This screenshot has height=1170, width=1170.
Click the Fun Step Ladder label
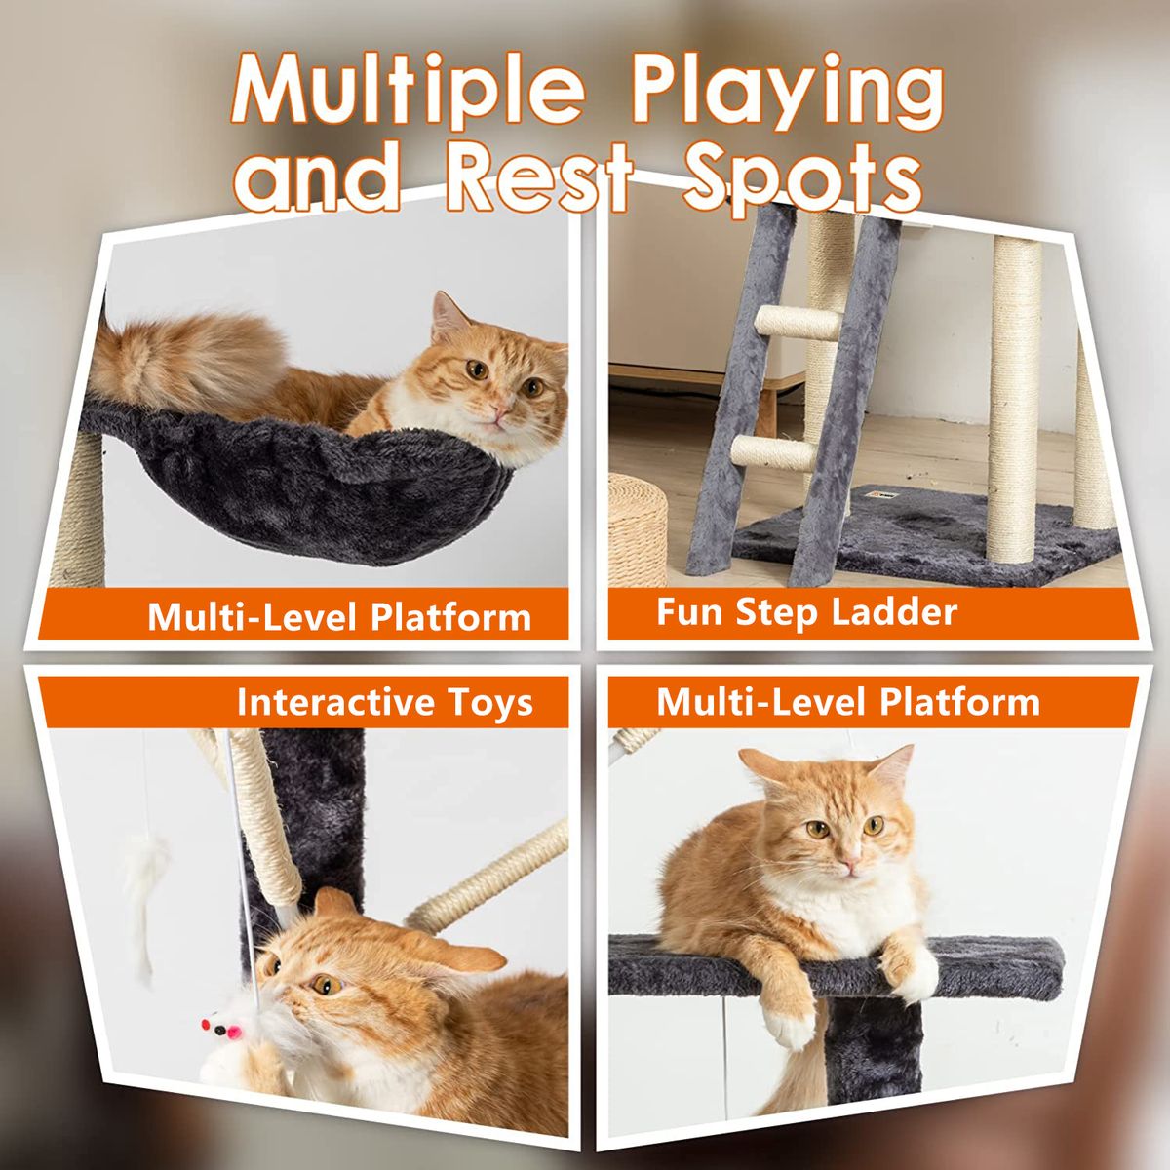pyautogui.click(x=805, y=612)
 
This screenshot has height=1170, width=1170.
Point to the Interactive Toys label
pyautogui.click(x=384, y=702)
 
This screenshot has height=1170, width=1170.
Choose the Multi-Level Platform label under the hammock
pyautogui.click(x=339, y=617)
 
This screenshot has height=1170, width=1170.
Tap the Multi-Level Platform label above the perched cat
pyautogui.click(x=847, y=702)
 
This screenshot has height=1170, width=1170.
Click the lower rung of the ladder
pyautogui.click(x=773, y=452)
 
